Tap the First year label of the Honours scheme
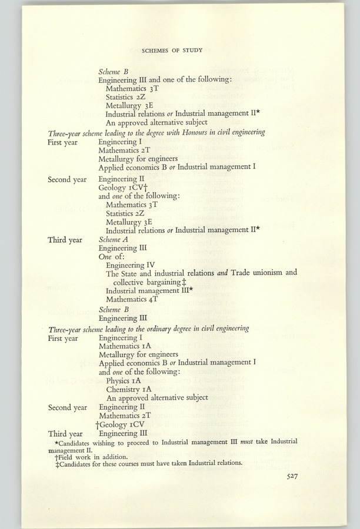pos(62,142)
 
